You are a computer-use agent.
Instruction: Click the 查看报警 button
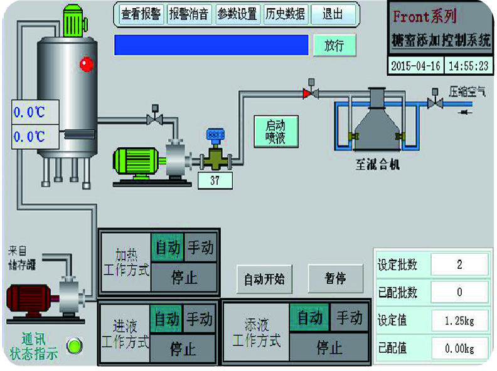[x=140, y=14]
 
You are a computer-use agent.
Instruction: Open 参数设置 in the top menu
[x=238, y=14]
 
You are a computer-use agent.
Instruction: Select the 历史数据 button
[x=285, y=14]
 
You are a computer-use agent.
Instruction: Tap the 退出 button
[x=333, y=14]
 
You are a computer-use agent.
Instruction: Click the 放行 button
[x=334, y=45]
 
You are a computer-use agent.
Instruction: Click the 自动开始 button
[x=264, y=279]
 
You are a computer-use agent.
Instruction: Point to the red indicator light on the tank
[x=85, y=63]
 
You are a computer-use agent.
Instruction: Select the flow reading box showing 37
[x=215, y=180]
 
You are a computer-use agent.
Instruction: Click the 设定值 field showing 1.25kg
[x=459, y=321]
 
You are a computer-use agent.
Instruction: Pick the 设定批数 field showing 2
[x=459, y=264]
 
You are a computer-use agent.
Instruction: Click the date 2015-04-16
[x=415, y=66]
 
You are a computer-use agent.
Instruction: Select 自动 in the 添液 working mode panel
[x=310, y=318]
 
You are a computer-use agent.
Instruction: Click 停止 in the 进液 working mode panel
[x=183, y=348]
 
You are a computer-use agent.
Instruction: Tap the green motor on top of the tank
[x=75, y=21]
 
